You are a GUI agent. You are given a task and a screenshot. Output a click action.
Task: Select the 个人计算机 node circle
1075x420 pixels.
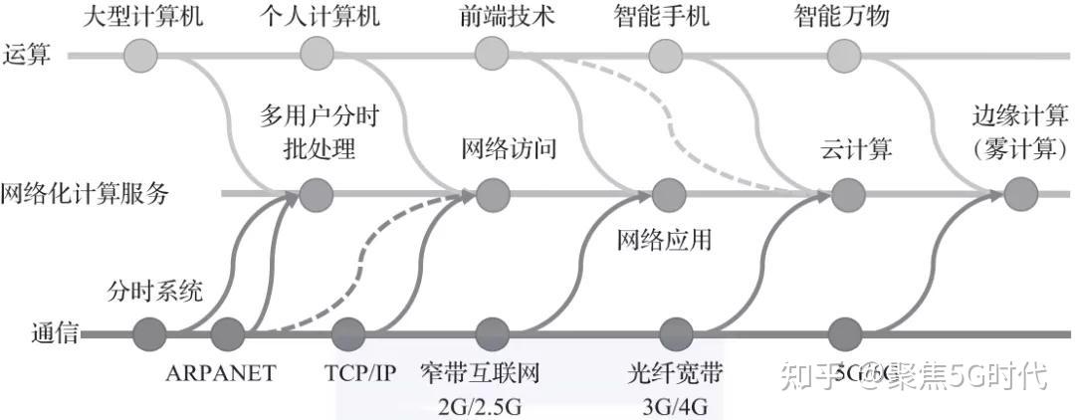[x=316, y=53]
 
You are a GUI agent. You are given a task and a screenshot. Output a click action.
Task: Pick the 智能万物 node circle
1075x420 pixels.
[x=842, y=53]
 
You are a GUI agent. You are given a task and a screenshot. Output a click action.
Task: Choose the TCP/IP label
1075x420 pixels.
[x=360, y=373]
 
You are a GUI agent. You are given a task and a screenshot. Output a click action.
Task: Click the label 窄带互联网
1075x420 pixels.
[x=480, y=374]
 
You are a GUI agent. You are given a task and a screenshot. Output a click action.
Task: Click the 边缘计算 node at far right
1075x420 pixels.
[x=1016, y=193]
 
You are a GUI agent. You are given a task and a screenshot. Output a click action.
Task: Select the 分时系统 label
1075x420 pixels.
[x=155, y=292]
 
